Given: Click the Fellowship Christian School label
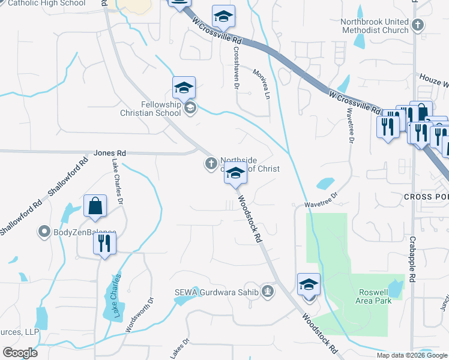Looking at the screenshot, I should [x=161, y=109].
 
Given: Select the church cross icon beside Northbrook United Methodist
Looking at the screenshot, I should [x=418, y=25].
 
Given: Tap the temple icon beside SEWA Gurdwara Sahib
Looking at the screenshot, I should [x=268, y=292].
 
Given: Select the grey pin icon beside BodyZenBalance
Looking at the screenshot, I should [x=44, y=232].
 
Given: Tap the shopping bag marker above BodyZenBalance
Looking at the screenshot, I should [x=95, y=206].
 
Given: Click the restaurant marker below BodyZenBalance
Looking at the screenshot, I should [x=104, y=243].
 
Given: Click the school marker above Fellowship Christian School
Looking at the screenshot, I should [x=184, y=88].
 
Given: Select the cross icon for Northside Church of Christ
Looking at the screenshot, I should [x=211, y=163].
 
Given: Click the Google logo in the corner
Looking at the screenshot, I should [x=20, y=353].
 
